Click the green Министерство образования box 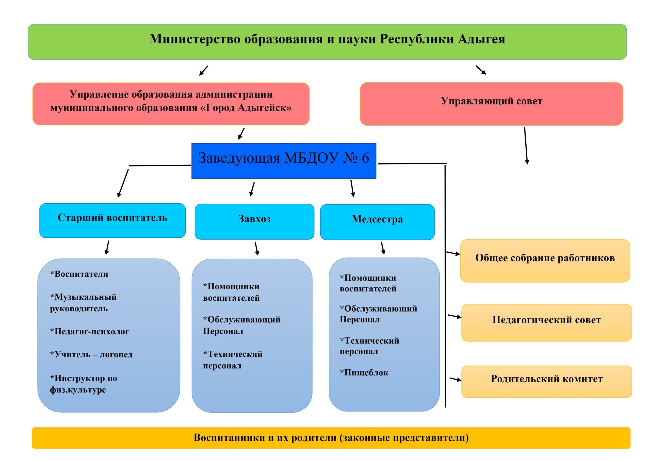tap(327, 42)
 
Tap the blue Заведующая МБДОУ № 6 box tap(284, 160)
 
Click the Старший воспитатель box tap(112, 220)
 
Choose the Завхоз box tap(254, 221)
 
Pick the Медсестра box tap(377, 222)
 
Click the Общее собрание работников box tap(545, 260)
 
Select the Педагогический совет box tap(546, 323)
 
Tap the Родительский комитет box tap(546, 381)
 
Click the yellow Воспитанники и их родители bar tap(331, 438)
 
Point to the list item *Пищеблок tap(364, 373)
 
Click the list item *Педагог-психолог tap(89, 331)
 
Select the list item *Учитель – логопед tap(91, 355)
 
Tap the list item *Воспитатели tap(79, 274)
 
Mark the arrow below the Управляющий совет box tap(526, 145)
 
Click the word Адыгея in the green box tap(481, 39)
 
